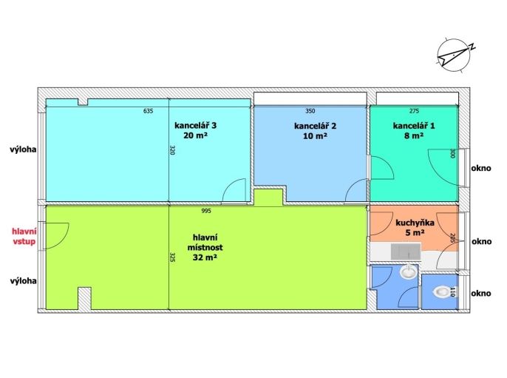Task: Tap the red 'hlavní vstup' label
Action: (x=24, y=236)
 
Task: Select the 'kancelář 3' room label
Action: (x=195, y=125)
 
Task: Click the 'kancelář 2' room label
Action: (x=315, y=126)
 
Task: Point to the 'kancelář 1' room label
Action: (x=414, y=126)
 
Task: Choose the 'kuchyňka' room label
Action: (x=415, y=223)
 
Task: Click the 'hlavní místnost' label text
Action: (x=205, y=243)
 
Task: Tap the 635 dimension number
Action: (x=148, y=111)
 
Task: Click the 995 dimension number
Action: (x=206, y=211)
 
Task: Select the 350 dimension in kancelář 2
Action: (x=310, y=111)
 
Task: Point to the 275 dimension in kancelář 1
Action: (x=414, y=111)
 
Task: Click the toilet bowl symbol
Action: (x=440, y=292)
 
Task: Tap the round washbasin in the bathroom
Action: (x=409, y=271)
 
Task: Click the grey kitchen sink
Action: (x=406, y=252)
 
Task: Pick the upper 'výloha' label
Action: (x=23, y=150)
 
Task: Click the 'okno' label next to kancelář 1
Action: (x=481, y=168)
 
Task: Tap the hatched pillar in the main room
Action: (x=85, y=298)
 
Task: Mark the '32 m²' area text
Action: (x=205, y=257)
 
